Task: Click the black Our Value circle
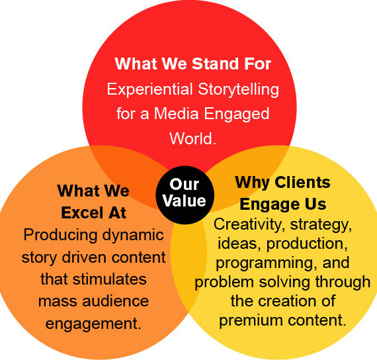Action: pos(185,195)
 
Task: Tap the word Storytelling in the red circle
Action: pos(239,90)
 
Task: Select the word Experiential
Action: pos(149,89)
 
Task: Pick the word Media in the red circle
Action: pos(176,113)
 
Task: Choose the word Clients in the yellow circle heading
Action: pos(302,183)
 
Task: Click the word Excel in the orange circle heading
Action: pos(83,212)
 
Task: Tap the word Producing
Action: pos(60,236)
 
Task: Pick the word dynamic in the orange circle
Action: pos(133,236)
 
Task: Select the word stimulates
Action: pos(110,279)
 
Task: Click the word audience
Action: pos(115,301)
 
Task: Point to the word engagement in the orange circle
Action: pos(93,324)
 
